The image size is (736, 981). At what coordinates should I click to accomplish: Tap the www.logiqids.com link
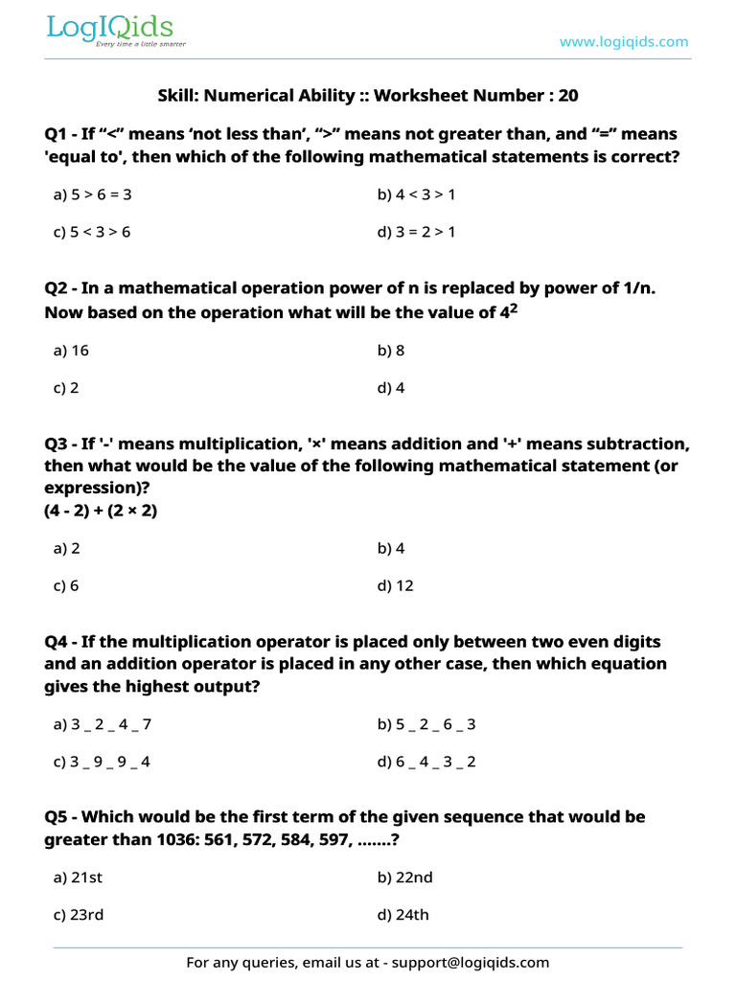pyautogui.click(x=624, y=41)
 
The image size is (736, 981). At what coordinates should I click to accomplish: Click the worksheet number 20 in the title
pyautogui.click(x=568, y=96)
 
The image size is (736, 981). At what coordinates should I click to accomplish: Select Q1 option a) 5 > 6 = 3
pyautogui.click(x=93, y=194)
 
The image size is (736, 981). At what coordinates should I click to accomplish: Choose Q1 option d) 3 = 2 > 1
pyautogui.click(x=417, y=232)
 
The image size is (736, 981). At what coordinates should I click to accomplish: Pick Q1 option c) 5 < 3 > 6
pyautogui.click(x=93, y=232)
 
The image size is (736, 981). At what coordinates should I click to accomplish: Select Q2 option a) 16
pyautogui.click(x=72, y=351)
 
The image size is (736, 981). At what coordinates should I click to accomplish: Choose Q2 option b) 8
pyautogui.click(x=392, y=351)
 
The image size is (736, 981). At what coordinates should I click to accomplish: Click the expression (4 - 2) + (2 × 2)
pyautogui.click(x=101, y=511)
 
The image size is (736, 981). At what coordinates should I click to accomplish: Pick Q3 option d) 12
pyautogui.click(x=396, y=585)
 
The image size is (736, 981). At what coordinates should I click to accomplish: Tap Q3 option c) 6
pyautogui.click(x=66, y=585)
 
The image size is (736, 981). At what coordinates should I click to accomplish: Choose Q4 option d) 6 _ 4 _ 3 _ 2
pyautogui.click(x=427, y=763)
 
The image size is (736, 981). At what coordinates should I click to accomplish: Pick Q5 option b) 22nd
pyautogui.click(x=404, y=878)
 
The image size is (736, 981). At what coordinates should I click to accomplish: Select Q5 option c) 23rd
pyautogui.click(x=79, y=915)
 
